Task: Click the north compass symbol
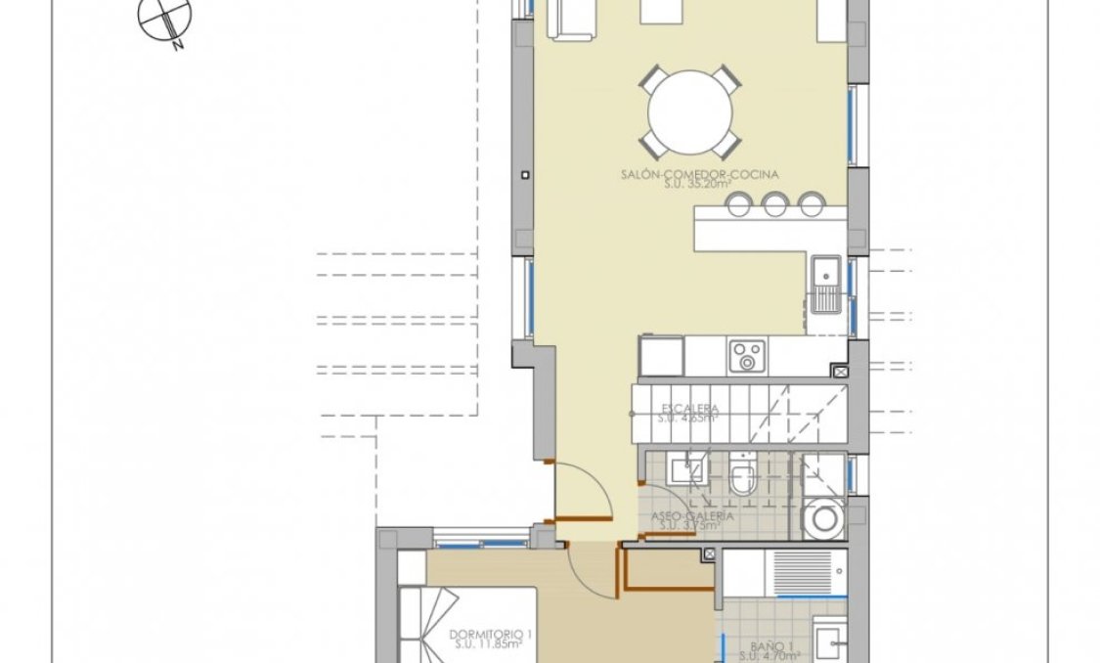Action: point(163,21)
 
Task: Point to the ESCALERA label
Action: point(689,408)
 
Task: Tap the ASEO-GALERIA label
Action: point(689,514)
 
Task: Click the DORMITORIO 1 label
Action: point(485,634)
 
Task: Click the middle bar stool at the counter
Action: point(775,203)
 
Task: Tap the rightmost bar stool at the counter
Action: point(810,203)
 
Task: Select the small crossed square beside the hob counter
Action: point(838,372)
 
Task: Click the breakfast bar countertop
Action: point(768,231)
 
